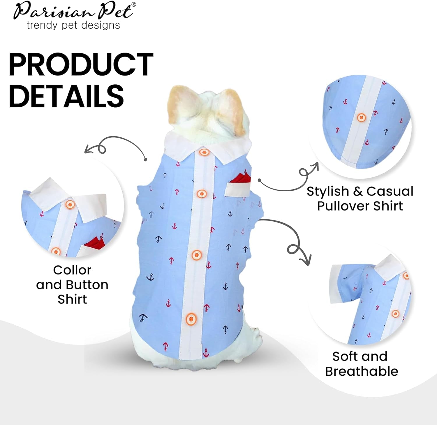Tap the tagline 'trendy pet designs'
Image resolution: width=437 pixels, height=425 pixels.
pyautogui.click(x=73, y=25)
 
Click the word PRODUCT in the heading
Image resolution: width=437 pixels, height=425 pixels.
pyautogui.click(x=81, y=64)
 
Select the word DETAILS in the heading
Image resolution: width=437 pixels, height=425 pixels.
pyautogui.click(x=66, y=96)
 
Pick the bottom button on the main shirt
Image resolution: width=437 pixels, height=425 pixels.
pyautogui.click(x=191, y=318)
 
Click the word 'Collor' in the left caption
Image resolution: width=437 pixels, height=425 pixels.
pyautogui.click(x=72, y=270)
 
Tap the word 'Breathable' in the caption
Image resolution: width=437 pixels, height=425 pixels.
pyautogui.click(x=362, y=371)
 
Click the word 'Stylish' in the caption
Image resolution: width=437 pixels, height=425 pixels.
pyautogui.click(x=328, y=192)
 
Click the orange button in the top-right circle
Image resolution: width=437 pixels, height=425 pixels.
pyautogui.click(x=361, y=118)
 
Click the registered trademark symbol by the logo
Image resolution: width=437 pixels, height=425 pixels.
pyautogui.click(x=134, y=4)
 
